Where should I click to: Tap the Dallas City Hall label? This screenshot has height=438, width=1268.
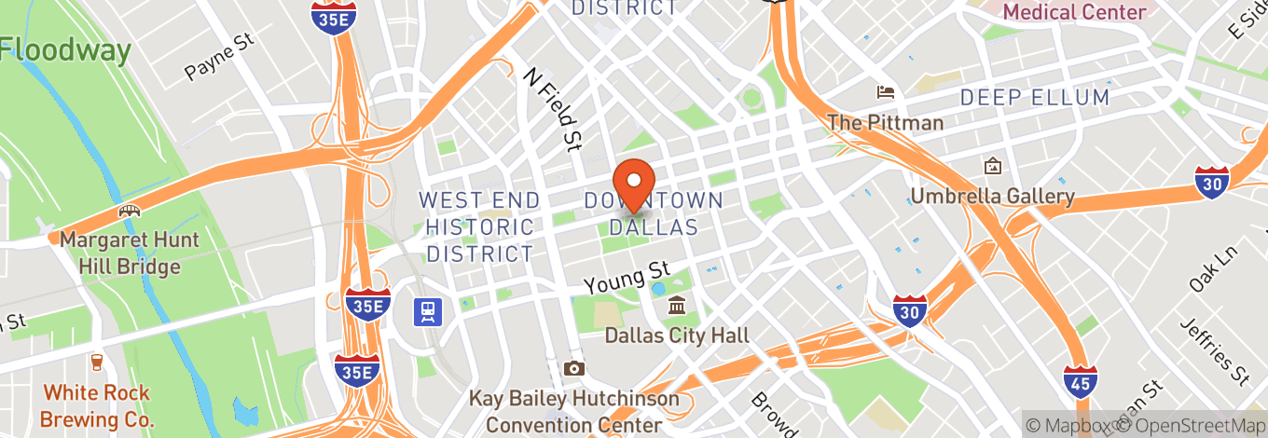(677, 335)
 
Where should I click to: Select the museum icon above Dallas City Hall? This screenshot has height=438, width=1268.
(677, 306)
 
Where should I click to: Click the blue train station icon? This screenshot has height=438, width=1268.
(428, 311)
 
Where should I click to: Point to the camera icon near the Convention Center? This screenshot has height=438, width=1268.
(573, 368)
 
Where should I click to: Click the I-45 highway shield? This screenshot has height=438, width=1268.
(1080, 380)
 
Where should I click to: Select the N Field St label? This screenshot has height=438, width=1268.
(552, 109)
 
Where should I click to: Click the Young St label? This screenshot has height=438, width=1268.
(627, 277)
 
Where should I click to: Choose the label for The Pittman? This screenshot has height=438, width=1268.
(885, 123)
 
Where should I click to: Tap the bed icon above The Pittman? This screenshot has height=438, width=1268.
(885, 92)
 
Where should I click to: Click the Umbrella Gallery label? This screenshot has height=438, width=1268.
(992, 197)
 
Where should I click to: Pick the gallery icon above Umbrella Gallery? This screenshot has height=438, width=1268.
(992, 167)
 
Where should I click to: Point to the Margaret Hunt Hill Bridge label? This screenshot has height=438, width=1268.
(130, 253)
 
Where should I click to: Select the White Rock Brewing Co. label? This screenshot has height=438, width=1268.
(97, 405)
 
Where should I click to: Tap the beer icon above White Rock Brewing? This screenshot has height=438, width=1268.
(96, 363)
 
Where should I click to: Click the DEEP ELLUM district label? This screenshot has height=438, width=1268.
(1035, 98)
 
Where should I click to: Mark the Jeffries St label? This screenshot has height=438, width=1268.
(1215, 352)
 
